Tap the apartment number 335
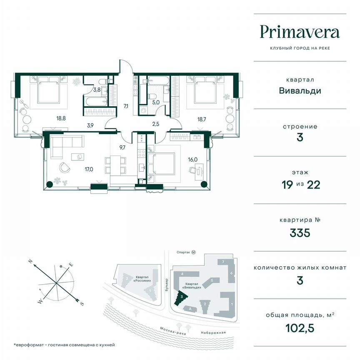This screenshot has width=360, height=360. (300, 232)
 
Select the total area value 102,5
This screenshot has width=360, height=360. (300, 329)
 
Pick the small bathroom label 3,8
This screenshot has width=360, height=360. (96, 90)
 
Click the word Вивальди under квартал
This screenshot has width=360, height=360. (300, 90)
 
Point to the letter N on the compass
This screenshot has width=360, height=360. (30, 261)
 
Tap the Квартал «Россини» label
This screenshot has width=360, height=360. (144, 279)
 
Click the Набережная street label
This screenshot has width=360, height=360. (213, 332)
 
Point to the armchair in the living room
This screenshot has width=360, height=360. (65, 167)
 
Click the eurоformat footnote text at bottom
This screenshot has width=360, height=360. (64, 345)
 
